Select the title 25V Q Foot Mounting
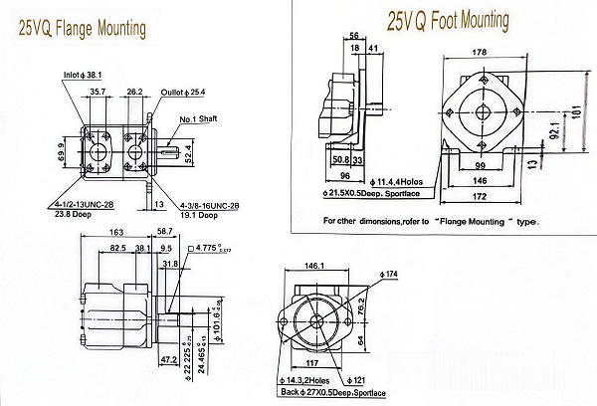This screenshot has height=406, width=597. pos(447,20)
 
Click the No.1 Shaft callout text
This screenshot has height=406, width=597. pos(201,119)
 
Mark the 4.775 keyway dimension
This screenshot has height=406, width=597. pos(211,246)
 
